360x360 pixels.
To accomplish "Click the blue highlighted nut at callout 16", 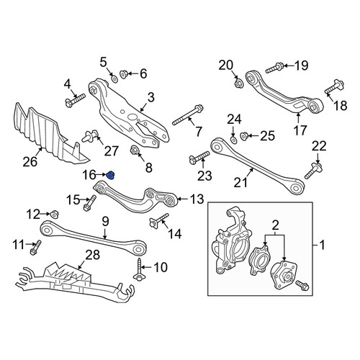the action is pyautogui.click(x=110, y=176).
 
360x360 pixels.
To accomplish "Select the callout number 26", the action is pyautogui.click(x=30, y=161).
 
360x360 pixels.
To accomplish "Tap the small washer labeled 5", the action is pyautogui.click(x=114, y=78).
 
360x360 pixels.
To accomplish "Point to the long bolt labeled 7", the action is pyautogui.click(x=188, y=114).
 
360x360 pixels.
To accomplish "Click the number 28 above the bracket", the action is pyautogui.click(x=93, y=255).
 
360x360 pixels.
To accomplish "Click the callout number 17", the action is pyautogui.click(x=300, y=130).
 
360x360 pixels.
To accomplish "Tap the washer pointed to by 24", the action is pyautogui.click(x=233, y=140).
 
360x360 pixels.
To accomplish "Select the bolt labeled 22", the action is pyautogui.click(x=313, y=171).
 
